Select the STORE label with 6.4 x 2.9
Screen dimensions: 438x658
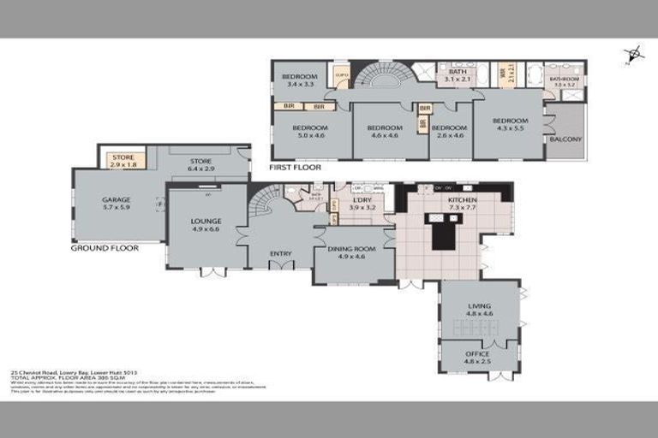tap(200, 165)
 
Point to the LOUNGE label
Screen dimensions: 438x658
tap(206, 225)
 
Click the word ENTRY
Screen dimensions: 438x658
tap(280, 253)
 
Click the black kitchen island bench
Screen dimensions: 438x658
tap(443, 232)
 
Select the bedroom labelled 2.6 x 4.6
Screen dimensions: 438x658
tap(446, 131)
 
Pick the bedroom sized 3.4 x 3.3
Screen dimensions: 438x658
tap(299, 80)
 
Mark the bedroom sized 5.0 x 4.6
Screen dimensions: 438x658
tap(311, 131)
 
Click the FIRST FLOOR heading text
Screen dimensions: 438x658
tap(295, 168)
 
